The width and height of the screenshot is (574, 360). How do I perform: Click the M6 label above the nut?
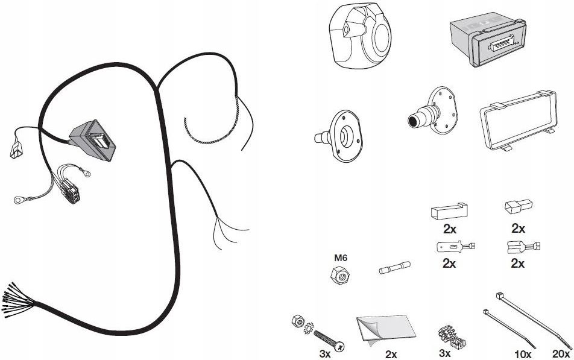click(340, 257)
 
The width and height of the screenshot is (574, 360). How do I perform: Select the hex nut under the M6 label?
click(339, 274)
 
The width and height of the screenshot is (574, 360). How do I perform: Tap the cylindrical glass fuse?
click(394, 268)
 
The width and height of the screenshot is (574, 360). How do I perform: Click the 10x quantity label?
click(523, 354)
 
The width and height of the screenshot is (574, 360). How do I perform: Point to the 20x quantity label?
click(561, 354)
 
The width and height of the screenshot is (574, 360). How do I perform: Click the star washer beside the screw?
click(309, 328)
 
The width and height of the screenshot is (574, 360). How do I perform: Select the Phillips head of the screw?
click(339, 346)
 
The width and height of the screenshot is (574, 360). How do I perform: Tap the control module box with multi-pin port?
click(488, 40)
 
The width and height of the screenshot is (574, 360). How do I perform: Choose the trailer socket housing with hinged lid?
click(361, 36)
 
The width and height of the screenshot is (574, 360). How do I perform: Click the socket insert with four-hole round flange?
click(433, 110)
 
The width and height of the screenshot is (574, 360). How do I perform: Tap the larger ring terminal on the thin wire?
click(18, 200)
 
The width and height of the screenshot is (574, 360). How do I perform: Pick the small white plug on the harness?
click(16, 150)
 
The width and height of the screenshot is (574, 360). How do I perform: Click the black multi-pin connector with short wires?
click(71, 191)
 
